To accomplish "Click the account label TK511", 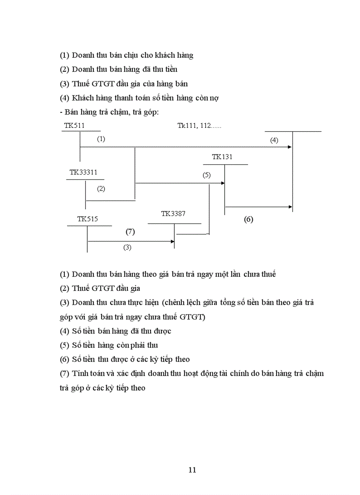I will pos(74,126).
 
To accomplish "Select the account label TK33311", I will pos(83,172).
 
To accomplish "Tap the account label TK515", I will pos(87,219).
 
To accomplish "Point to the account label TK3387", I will pos(173,213).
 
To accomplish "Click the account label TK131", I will pos(222,156).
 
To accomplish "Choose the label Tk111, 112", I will pos(199,126).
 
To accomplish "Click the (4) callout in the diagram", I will pos(274,140).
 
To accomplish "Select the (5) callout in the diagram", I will pos(206,175).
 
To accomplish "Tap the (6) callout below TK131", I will pos(248,219).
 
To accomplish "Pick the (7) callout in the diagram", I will pos(130,231).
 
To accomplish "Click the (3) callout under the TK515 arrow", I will pos(127,247).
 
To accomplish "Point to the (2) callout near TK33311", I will pos(101,189).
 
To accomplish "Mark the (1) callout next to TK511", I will pos(101,139).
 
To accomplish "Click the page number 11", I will pos(192,469).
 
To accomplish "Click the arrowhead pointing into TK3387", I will pos(172,241).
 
